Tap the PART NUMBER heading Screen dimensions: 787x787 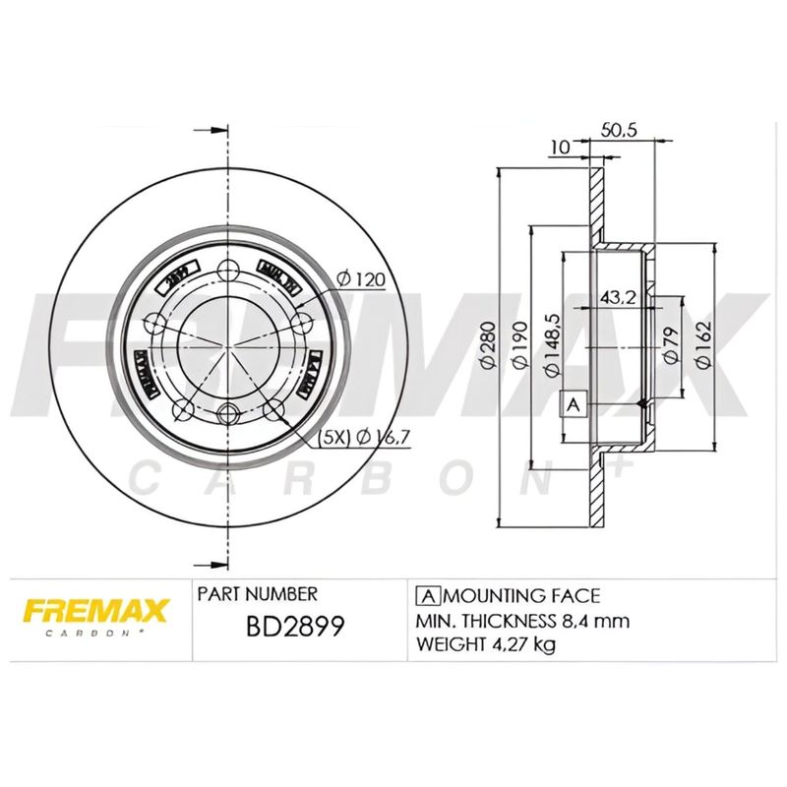coord(258,595)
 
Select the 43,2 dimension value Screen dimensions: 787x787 coord(616,295)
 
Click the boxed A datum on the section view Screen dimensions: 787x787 coord(574,402)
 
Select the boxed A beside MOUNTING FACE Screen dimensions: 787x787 coord(428,595)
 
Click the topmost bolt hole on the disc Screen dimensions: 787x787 coord(229,272)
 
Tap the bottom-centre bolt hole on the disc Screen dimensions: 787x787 coord(229,413)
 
